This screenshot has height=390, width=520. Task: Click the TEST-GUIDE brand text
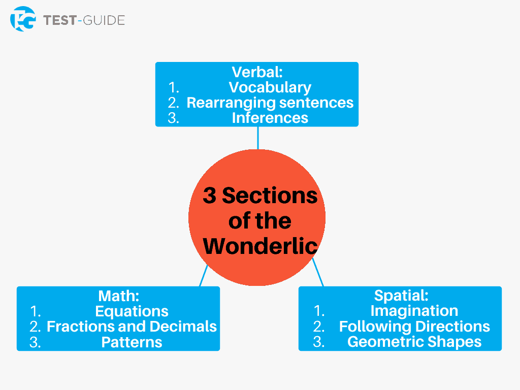click(84, 20)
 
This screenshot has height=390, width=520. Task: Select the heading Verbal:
click(257, 72)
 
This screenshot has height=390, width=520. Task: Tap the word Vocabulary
click(270, 87)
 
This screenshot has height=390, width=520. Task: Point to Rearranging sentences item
click(270, 103)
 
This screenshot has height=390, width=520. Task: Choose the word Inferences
click(270, 118)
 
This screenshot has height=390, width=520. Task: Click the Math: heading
click(118, 296)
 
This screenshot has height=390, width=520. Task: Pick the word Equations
click(132, 311)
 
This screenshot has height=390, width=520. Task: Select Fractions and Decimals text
click(132, 327)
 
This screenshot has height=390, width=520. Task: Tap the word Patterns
click(132, 342)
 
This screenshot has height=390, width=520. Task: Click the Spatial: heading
click(401, 296)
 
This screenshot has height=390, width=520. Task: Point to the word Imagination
click(414, 311)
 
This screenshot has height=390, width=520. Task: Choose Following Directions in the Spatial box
click(414, 327)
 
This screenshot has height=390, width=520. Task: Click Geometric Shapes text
click(414, 342)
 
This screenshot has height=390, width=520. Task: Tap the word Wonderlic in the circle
click(260, 246)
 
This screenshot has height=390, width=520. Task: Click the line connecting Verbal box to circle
click(258, 138)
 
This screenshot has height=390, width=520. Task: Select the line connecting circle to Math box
click(204, 275)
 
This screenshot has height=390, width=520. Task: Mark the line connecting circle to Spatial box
click(318, 273)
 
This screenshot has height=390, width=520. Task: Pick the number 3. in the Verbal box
click(174, 118)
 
